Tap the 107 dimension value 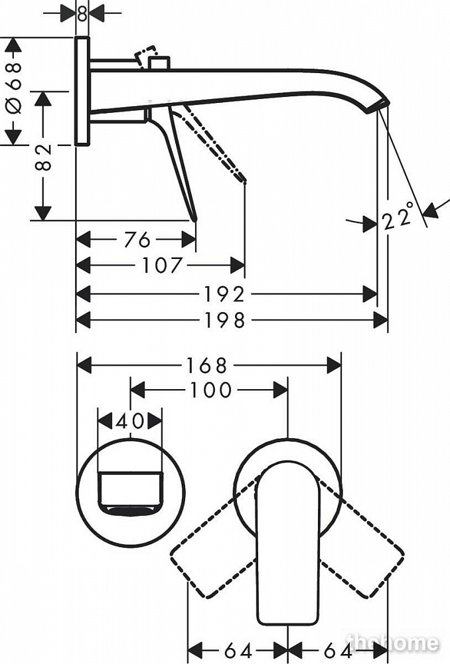(161, 266)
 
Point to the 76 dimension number (137, 238)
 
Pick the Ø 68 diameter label (13, 87)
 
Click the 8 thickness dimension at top (82, 13)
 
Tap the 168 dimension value (207, 365)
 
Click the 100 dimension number (210, 389)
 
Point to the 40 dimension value (130, 420)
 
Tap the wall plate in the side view (82, 91)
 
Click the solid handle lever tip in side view (194, 216)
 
